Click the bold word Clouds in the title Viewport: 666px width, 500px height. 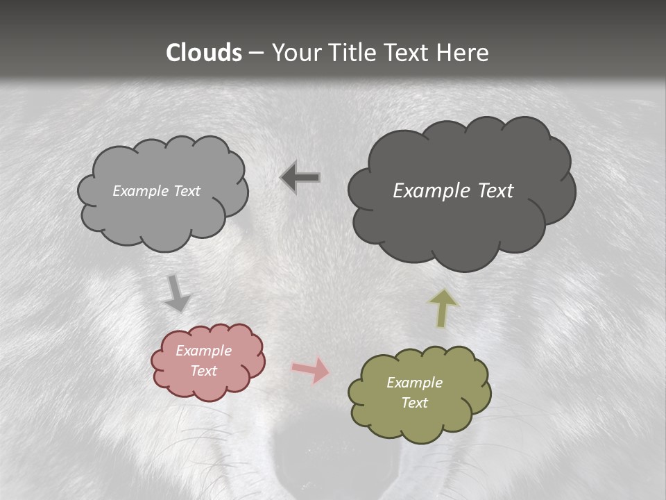[x=204, y=53]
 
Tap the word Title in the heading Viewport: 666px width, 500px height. [x=354, y=53]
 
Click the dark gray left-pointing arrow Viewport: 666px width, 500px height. [x=300, y=178]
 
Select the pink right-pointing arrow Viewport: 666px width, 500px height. [x=310, y=369]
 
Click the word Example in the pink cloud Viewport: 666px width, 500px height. [x=203, y=351]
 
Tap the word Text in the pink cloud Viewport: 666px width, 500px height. [x=203, y=371]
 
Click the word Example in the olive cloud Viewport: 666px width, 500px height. [x=414, y=383]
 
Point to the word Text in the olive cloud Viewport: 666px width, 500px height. [x=414, y=403]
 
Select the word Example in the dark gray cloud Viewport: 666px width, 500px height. [x=429, y=191]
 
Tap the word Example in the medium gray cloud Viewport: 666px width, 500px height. [x=140, y=191]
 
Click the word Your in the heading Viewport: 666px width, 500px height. [x=293, y=53]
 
